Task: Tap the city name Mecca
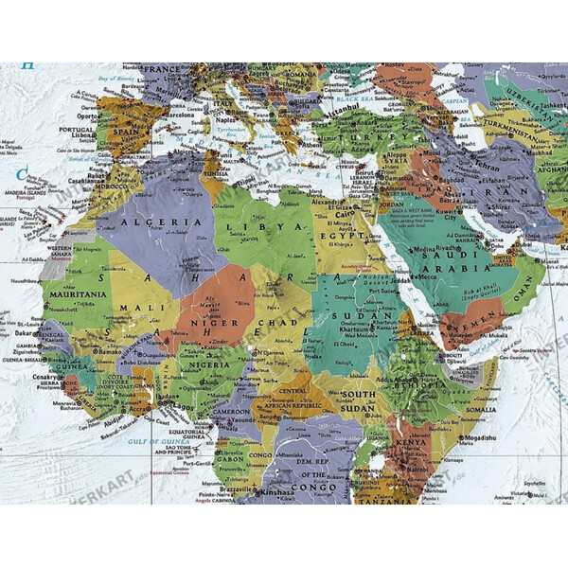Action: pos(429,276)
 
